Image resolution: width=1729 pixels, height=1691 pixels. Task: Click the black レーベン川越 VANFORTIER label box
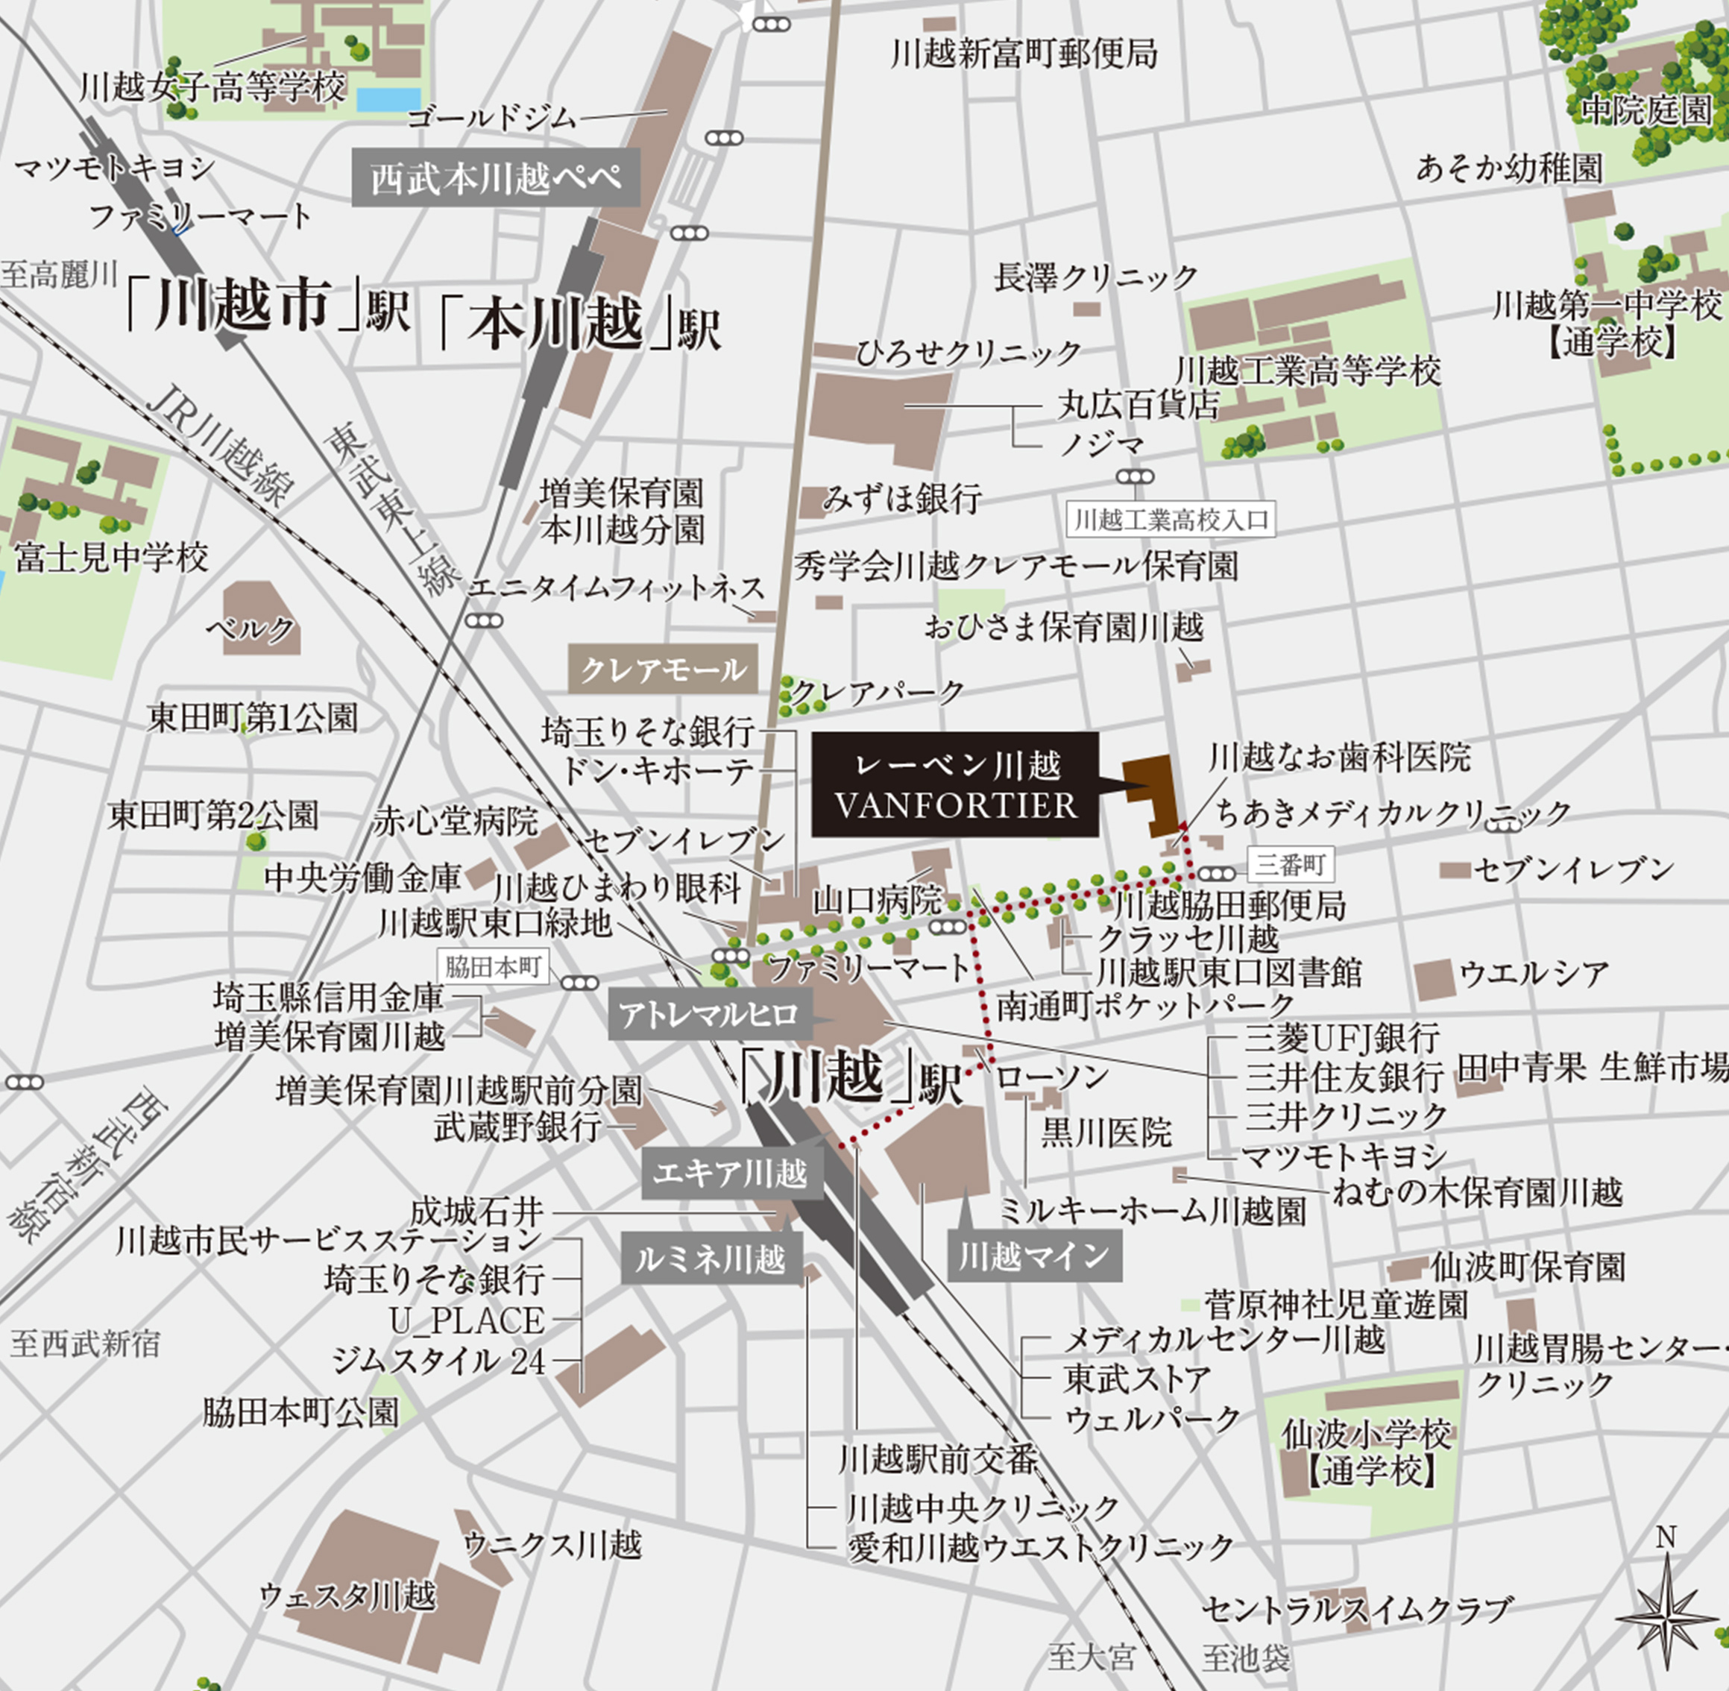pyautogui.click(x=954, y=784)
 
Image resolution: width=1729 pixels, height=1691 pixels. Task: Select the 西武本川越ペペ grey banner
pyautogui.click(x=496, y=177)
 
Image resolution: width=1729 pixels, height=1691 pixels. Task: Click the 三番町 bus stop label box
pyautogui.click(x=1291, y=863)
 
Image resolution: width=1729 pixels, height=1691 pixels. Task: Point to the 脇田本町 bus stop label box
pyautogui.click(x=493, y=967)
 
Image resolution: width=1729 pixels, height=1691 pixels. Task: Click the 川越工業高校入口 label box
pyautogui.click(x=1171, y=520)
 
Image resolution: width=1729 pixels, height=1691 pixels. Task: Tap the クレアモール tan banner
pyautogui.click(x=663, y=670)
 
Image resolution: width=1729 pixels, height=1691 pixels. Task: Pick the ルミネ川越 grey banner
pyautogui.click(x=711, y=1259)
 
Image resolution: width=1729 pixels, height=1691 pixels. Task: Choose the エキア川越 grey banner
pyautogui.click(x=731, y=1174)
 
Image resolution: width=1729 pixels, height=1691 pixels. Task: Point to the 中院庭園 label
pyautogui.click(x=1645, y=110)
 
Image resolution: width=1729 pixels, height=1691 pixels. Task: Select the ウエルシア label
pyautogui.click(x=1533, y=974)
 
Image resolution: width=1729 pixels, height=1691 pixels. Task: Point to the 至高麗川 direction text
pyautogui.click(x=59, y=274)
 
